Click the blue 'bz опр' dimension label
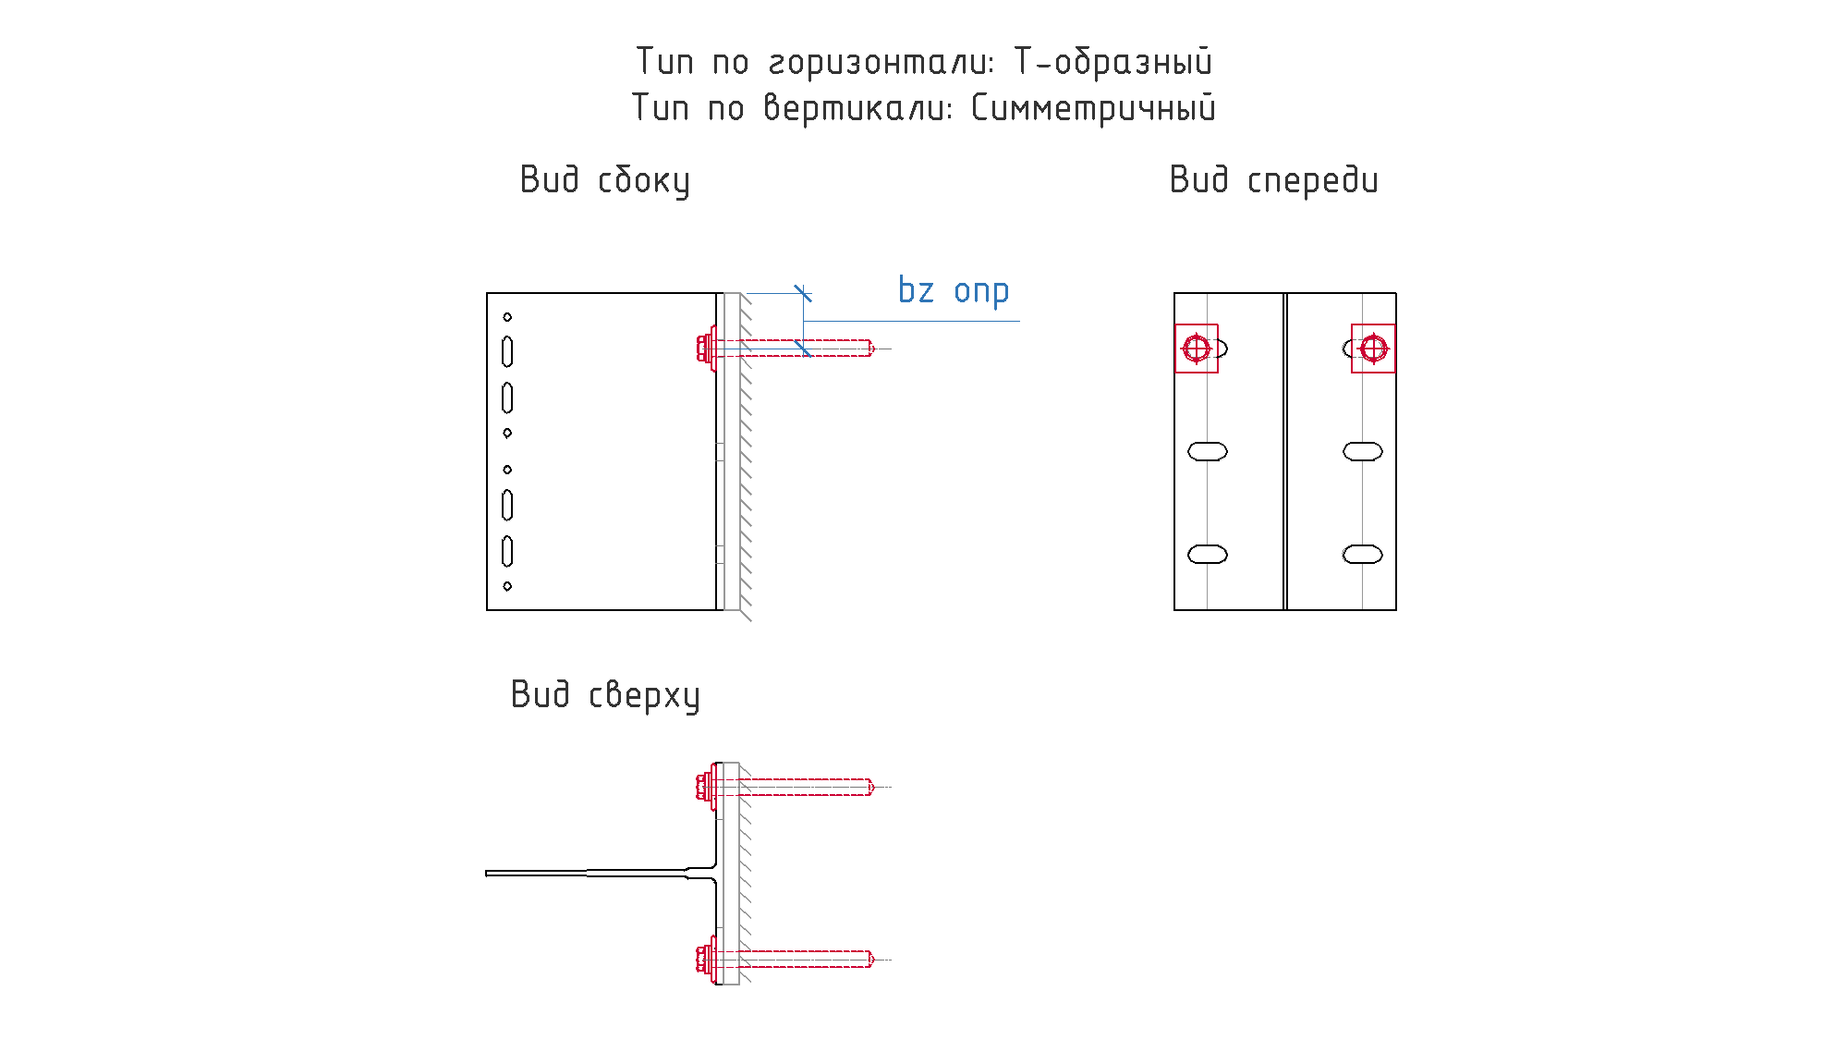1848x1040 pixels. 954,290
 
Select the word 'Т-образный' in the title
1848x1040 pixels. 1112,62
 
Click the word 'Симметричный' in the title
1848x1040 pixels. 1093,108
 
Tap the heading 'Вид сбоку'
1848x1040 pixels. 605,180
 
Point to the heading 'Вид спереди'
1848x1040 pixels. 1273,180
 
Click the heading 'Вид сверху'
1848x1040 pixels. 605,695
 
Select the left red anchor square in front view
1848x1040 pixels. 1197,349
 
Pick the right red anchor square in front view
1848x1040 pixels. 1373,349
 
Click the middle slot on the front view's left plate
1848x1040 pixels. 1208,451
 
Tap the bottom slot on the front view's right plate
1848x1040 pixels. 1363,555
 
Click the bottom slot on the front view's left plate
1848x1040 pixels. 1208,555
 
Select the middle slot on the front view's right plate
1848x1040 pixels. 1363,451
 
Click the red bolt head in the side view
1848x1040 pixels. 705,349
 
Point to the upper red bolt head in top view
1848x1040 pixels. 705,787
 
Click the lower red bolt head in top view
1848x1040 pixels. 705,960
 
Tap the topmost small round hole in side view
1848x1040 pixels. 507,317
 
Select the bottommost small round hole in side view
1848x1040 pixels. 507,586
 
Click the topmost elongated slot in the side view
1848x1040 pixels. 507,352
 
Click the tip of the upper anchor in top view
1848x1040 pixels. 873,787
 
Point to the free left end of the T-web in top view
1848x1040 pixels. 487,874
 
